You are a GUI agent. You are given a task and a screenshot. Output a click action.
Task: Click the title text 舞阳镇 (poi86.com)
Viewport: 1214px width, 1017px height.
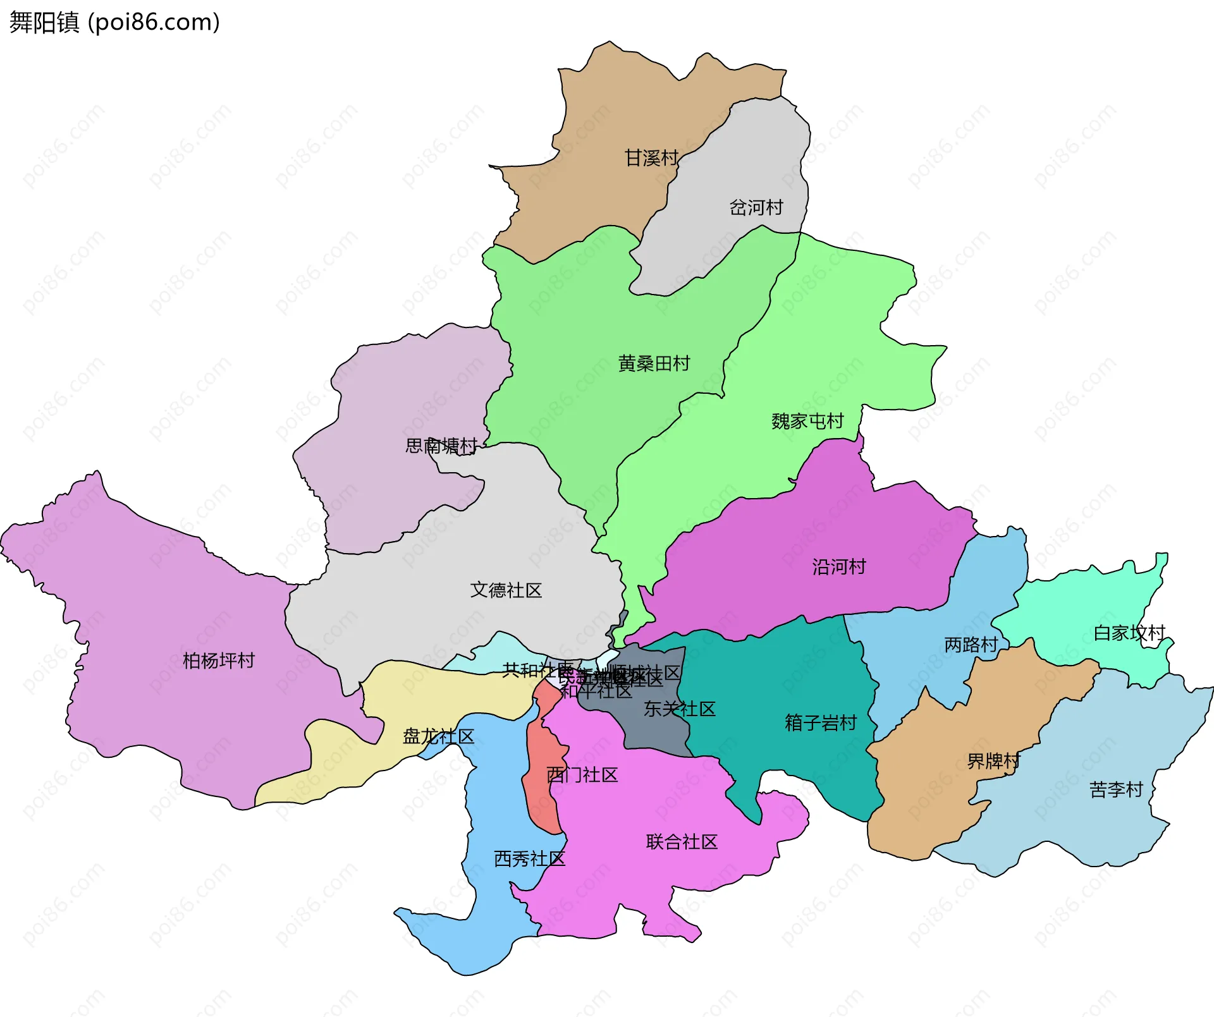point(114,22)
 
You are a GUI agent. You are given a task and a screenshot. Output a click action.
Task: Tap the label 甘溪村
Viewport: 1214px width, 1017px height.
point(651,158)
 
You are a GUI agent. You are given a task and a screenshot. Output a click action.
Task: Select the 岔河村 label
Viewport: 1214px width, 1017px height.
point(756,207)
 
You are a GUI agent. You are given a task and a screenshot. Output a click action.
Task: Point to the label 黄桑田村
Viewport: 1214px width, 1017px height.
point(654,363)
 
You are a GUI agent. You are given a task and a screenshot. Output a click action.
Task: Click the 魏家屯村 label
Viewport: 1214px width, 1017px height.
point(807,421)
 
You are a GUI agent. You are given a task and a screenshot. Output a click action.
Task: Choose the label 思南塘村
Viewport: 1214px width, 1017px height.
point(441,446)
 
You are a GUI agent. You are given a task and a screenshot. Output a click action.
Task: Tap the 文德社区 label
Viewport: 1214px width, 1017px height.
point(506,590)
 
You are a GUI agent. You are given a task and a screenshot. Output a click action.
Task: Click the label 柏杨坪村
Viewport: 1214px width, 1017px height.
point(218,661)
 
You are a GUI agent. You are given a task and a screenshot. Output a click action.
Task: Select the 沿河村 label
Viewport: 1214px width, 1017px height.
point(838,567)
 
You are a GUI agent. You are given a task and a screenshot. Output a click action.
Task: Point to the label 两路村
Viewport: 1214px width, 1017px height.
point(971,645)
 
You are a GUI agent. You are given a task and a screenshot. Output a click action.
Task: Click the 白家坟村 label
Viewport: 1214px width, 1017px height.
point(1129,633)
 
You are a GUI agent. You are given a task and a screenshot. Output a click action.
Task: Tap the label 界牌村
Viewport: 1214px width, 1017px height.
point(993,761)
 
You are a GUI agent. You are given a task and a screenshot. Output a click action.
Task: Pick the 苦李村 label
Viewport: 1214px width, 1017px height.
point(1116,789)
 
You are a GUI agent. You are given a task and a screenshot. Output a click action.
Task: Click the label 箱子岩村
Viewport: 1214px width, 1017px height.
point(821,722)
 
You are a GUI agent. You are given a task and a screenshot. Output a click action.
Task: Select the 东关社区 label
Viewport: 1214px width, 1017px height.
point(679,709)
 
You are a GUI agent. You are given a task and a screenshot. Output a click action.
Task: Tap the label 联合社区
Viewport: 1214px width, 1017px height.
point(682,842)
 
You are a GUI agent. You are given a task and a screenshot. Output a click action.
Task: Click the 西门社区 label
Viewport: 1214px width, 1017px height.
point(582,775)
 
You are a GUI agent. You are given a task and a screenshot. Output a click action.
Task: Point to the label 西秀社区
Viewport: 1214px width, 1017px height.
point(529,859)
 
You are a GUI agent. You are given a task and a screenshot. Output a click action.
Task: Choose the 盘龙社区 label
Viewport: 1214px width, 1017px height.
point(438,736)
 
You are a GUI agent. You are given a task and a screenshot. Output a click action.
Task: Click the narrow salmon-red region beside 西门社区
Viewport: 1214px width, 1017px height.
point(541,790)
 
